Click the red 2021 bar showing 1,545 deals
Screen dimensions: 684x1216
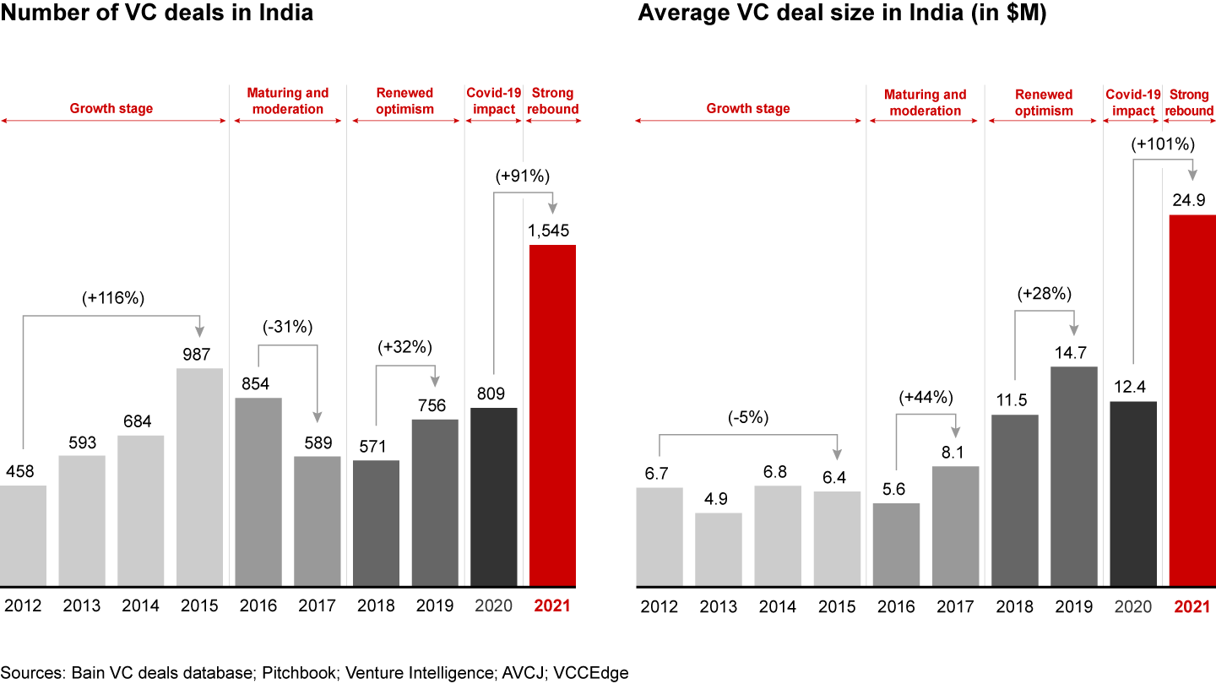[x=552, y=415]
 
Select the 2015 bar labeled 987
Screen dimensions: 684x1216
[x=200, y=477]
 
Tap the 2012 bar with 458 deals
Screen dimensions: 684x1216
[x=23, y=535]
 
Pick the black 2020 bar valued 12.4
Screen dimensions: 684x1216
[x=1132, y=494]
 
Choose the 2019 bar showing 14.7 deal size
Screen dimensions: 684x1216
[x=1073, y=476]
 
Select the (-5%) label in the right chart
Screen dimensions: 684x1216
[x=747, y=418]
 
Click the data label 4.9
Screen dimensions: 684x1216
[x=718, y=499]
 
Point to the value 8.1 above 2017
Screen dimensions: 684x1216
[x=955, y=452]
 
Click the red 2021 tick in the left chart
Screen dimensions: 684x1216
[x=552, y=605]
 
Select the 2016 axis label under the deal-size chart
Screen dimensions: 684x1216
[x=896, y=607]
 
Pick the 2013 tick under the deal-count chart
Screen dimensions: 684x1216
[x=82, y=605]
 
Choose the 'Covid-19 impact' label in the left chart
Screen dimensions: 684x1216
[x=494, y=101]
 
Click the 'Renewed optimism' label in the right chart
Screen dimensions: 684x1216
[x=1044, y=103]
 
